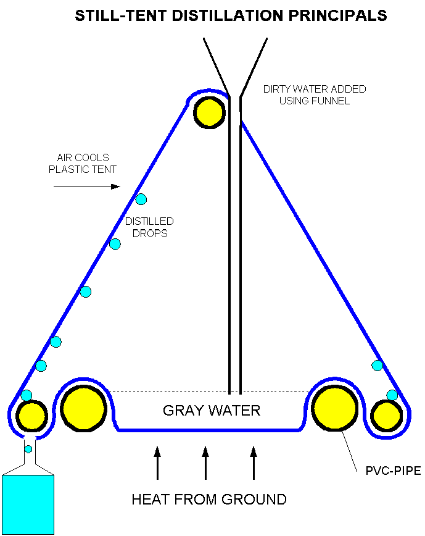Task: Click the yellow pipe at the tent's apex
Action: [209, 112]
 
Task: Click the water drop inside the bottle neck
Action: [28, 449]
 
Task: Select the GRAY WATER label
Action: [212, 411]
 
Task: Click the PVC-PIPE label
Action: [397, 471]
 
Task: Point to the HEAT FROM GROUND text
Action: [209, 500]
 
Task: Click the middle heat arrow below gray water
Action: [205, 463]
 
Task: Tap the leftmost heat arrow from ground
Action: [157, 463]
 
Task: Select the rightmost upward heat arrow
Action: [254, 463]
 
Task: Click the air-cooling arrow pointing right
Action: [86, 186]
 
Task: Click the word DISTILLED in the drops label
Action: [149, 221]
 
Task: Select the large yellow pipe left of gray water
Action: [84, 408]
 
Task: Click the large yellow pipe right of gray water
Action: [335, 408]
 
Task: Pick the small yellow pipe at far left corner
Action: [31, 415]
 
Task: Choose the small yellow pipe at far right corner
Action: [387, 415]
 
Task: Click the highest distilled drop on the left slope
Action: [141, 199]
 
